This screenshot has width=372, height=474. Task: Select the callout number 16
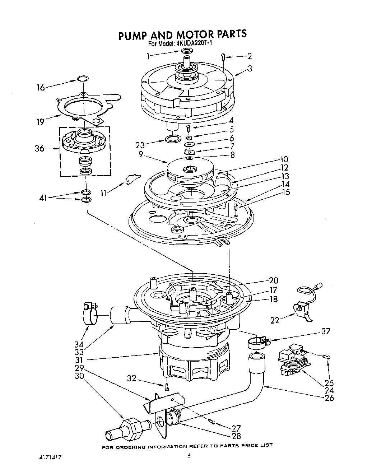(41, 87)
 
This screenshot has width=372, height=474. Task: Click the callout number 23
(140, 145)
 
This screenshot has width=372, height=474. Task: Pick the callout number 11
(104, 193)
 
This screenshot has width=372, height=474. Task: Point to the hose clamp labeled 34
(88, 313)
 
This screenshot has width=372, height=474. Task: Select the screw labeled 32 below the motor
(167, 387)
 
